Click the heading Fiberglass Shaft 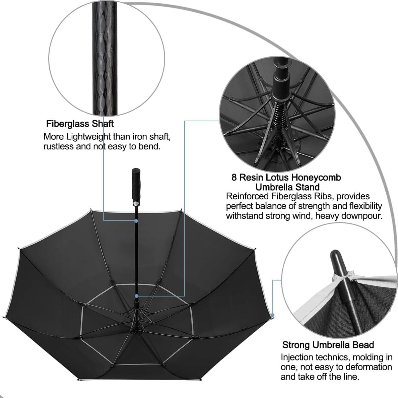(x=80, y=124)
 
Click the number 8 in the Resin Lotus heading (x=234, y=177)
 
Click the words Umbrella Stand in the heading (x=287, y=187)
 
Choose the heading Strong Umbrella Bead (x=328, y=345)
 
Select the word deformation (x=369, y=367)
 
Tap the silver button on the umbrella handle (x=136, y=204)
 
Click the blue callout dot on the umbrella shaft (x=136, y=221)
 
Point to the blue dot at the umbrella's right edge (x=273, y=315)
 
